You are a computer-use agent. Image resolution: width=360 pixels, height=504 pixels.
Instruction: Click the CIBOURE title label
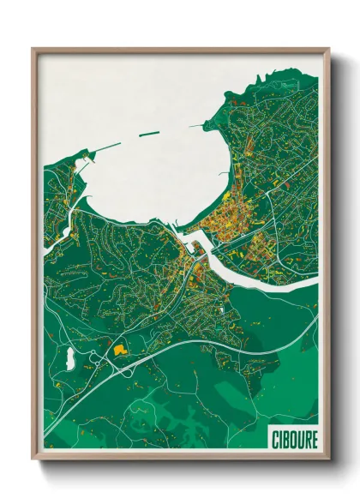(x=294, y=440)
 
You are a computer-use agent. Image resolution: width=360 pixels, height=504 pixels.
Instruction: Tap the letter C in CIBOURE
(x=275, y=440)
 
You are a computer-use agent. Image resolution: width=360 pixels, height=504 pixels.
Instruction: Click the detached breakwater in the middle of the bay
(x=151, y=134)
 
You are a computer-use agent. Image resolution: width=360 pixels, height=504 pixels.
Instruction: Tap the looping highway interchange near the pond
(x=96, y=363)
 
